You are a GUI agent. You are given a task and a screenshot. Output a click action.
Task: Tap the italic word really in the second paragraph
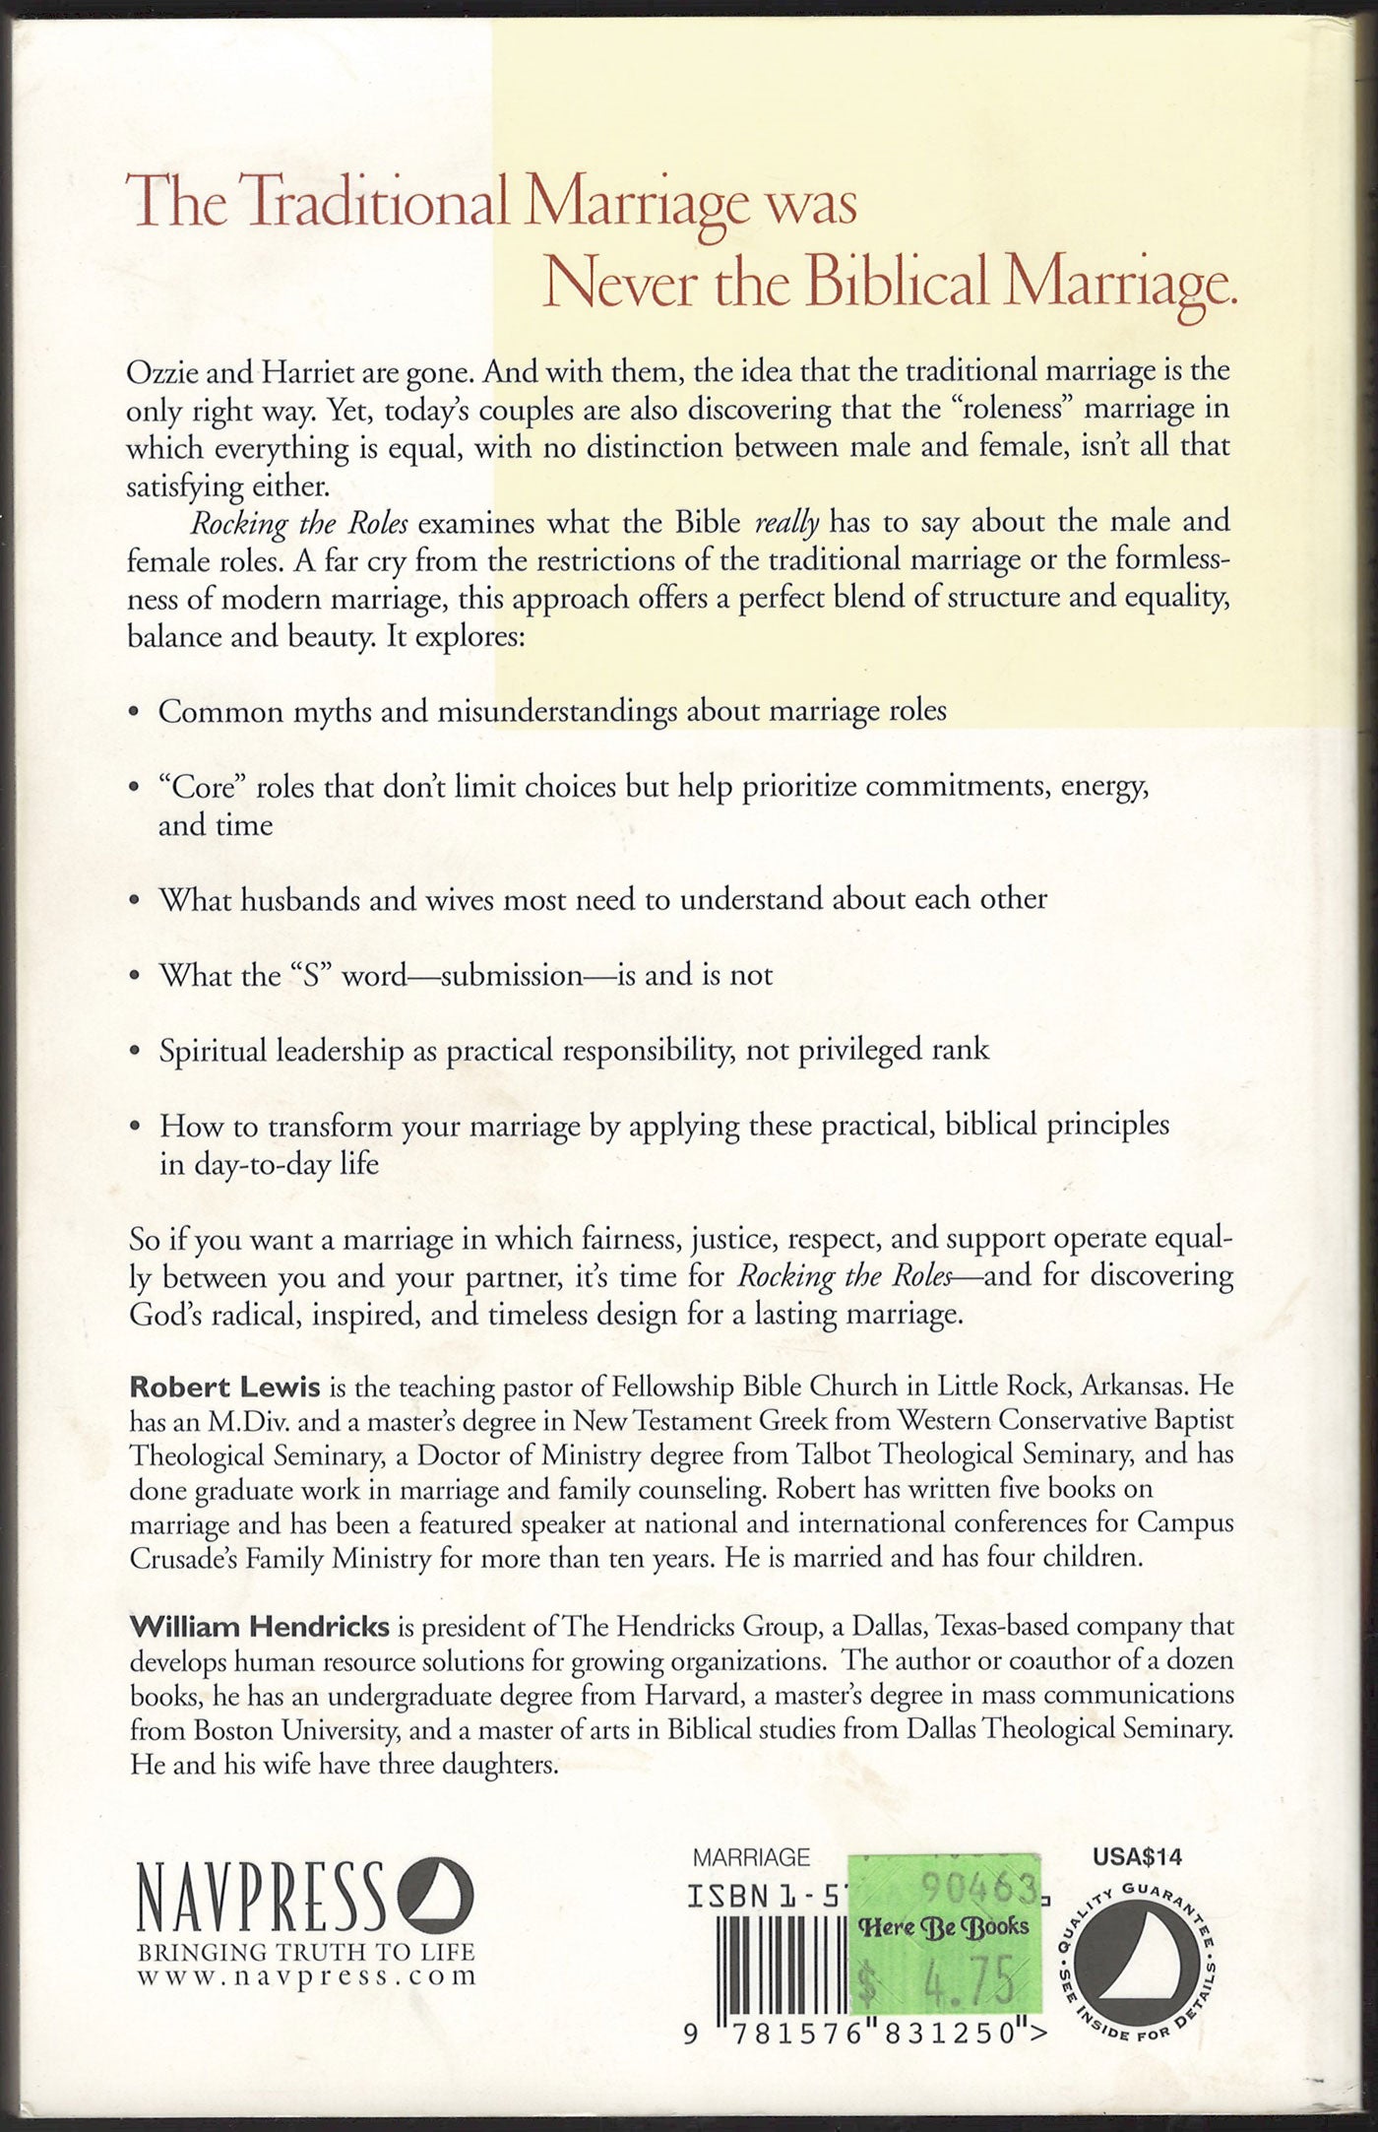[786, 523]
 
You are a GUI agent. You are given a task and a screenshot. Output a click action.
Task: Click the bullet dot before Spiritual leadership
[135, 1052]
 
